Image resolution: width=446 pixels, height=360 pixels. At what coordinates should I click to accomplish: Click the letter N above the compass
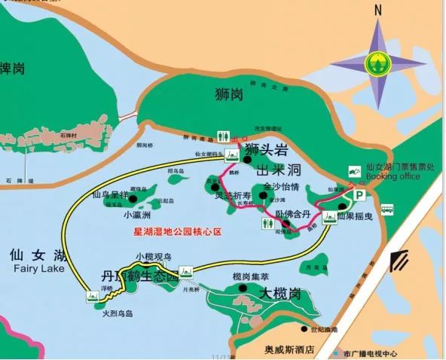(378, 10)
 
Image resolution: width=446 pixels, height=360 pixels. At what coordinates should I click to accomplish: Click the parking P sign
(360, 195)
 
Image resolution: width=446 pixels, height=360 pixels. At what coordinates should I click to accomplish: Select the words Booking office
(392, 176)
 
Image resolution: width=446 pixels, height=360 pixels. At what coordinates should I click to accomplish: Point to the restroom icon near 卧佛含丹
(329, 218)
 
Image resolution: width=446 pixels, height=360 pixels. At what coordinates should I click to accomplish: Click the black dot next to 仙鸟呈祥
(133, 200)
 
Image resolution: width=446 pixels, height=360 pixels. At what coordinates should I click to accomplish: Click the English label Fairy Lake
(33, 269)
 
